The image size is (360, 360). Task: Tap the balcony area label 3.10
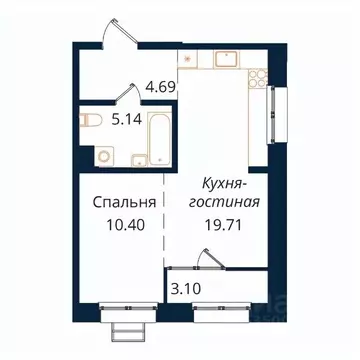click(181, 290)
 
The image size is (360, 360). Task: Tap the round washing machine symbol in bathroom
click(102, 155)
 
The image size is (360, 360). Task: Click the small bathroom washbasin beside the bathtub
click(136, 156)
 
